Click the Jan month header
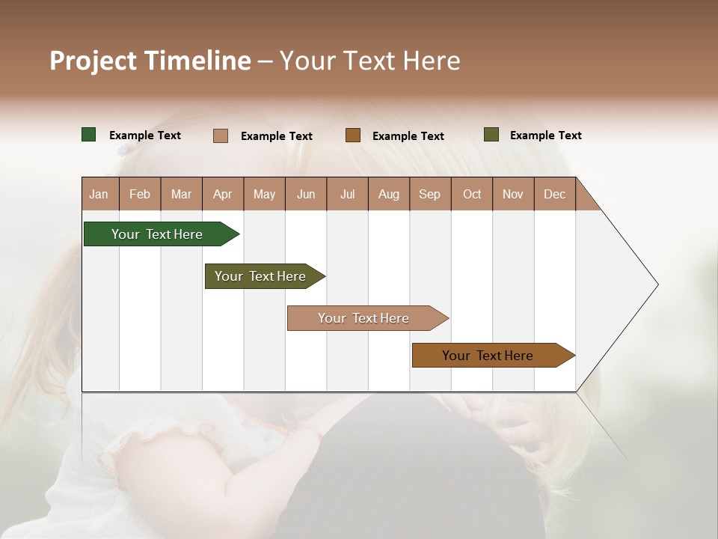99,194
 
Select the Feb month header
140,194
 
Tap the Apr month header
222,194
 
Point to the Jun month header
306,194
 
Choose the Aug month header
389,194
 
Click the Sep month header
430,194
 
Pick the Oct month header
472,194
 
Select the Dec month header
554,194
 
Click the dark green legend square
89,135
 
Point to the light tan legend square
221,135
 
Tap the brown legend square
353,135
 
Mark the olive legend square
491,135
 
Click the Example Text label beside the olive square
545,135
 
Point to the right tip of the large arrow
657,284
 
